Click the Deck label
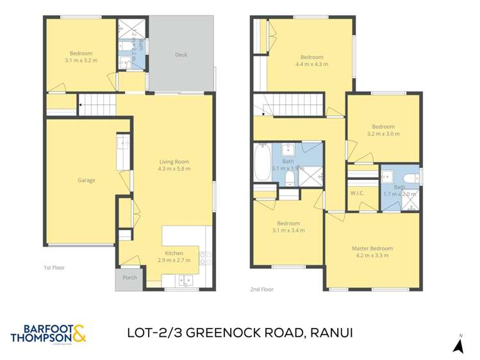(x=181, y=55)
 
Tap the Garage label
(x=87, y=180)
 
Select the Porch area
(x=129, y=277)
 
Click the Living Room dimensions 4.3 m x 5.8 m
(x=174, y=169)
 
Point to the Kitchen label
(x=174, y=253)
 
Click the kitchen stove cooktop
(x=206, y=258)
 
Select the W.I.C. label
(x=357, y=193)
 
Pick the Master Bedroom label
(x=372, y=248)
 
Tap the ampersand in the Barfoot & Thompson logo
(x=79, y=332)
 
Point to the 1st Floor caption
(x=54, y=268)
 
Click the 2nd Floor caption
(x=261, y=289)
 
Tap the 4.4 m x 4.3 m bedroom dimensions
(x=311, y=64)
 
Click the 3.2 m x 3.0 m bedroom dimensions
(x=383, y=135)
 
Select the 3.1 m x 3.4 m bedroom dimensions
(x=288, y=231)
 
